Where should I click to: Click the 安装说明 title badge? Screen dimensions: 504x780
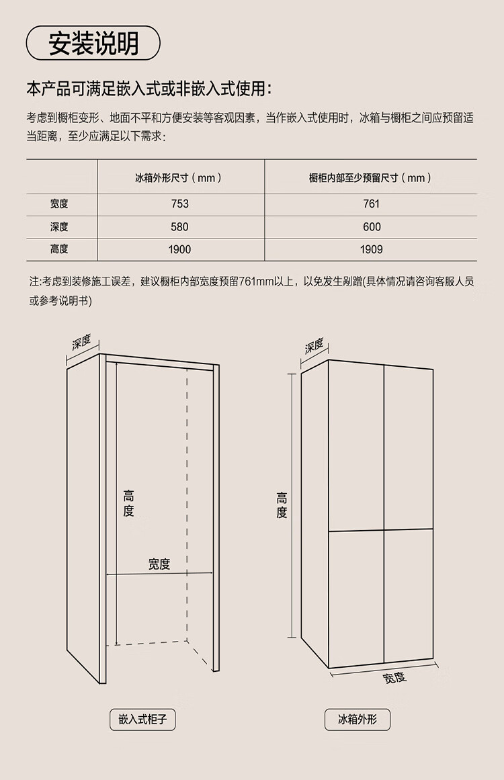coord(93,44)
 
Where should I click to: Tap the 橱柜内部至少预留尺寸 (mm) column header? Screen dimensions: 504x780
coord(370,178)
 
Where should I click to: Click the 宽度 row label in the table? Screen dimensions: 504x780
coord(59,204)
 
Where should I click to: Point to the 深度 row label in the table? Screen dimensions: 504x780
coord(59,227)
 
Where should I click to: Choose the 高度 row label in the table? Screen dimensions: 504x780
coord(59,249)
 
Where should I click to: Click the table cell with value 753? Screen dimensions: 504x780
coord(179,204)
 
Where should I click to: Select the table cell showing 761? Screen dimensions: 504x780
coord(371,204)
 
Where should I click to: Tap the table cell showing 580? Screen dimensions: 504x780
coord(179,227)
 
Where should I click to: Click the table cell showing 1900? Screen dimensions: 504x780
coord(179,249)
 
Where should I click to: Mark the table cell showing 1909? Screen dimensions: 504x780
coord(371,249)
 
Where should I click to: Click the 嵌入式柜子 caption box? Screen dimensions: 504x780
coord(142,720)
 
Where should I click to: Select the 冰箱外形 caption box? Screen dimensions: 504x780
coord(358,720)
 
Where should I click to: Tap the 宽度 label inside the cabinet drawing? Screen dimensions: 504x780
coord(159,564)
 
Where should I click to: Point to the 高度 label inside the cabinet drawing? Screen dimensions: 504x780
coord(128,504)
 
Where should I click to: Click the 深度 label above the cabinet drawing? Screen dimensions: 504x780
coord(81,343)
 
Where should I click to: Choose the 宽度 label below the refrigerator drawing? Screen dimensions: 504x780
coord(395,677)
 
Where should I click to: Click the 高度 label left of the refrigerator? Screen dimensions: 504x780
coord(282,505)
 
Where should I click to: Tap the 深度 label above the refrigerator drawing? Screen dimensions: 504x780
coord(314,346)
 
